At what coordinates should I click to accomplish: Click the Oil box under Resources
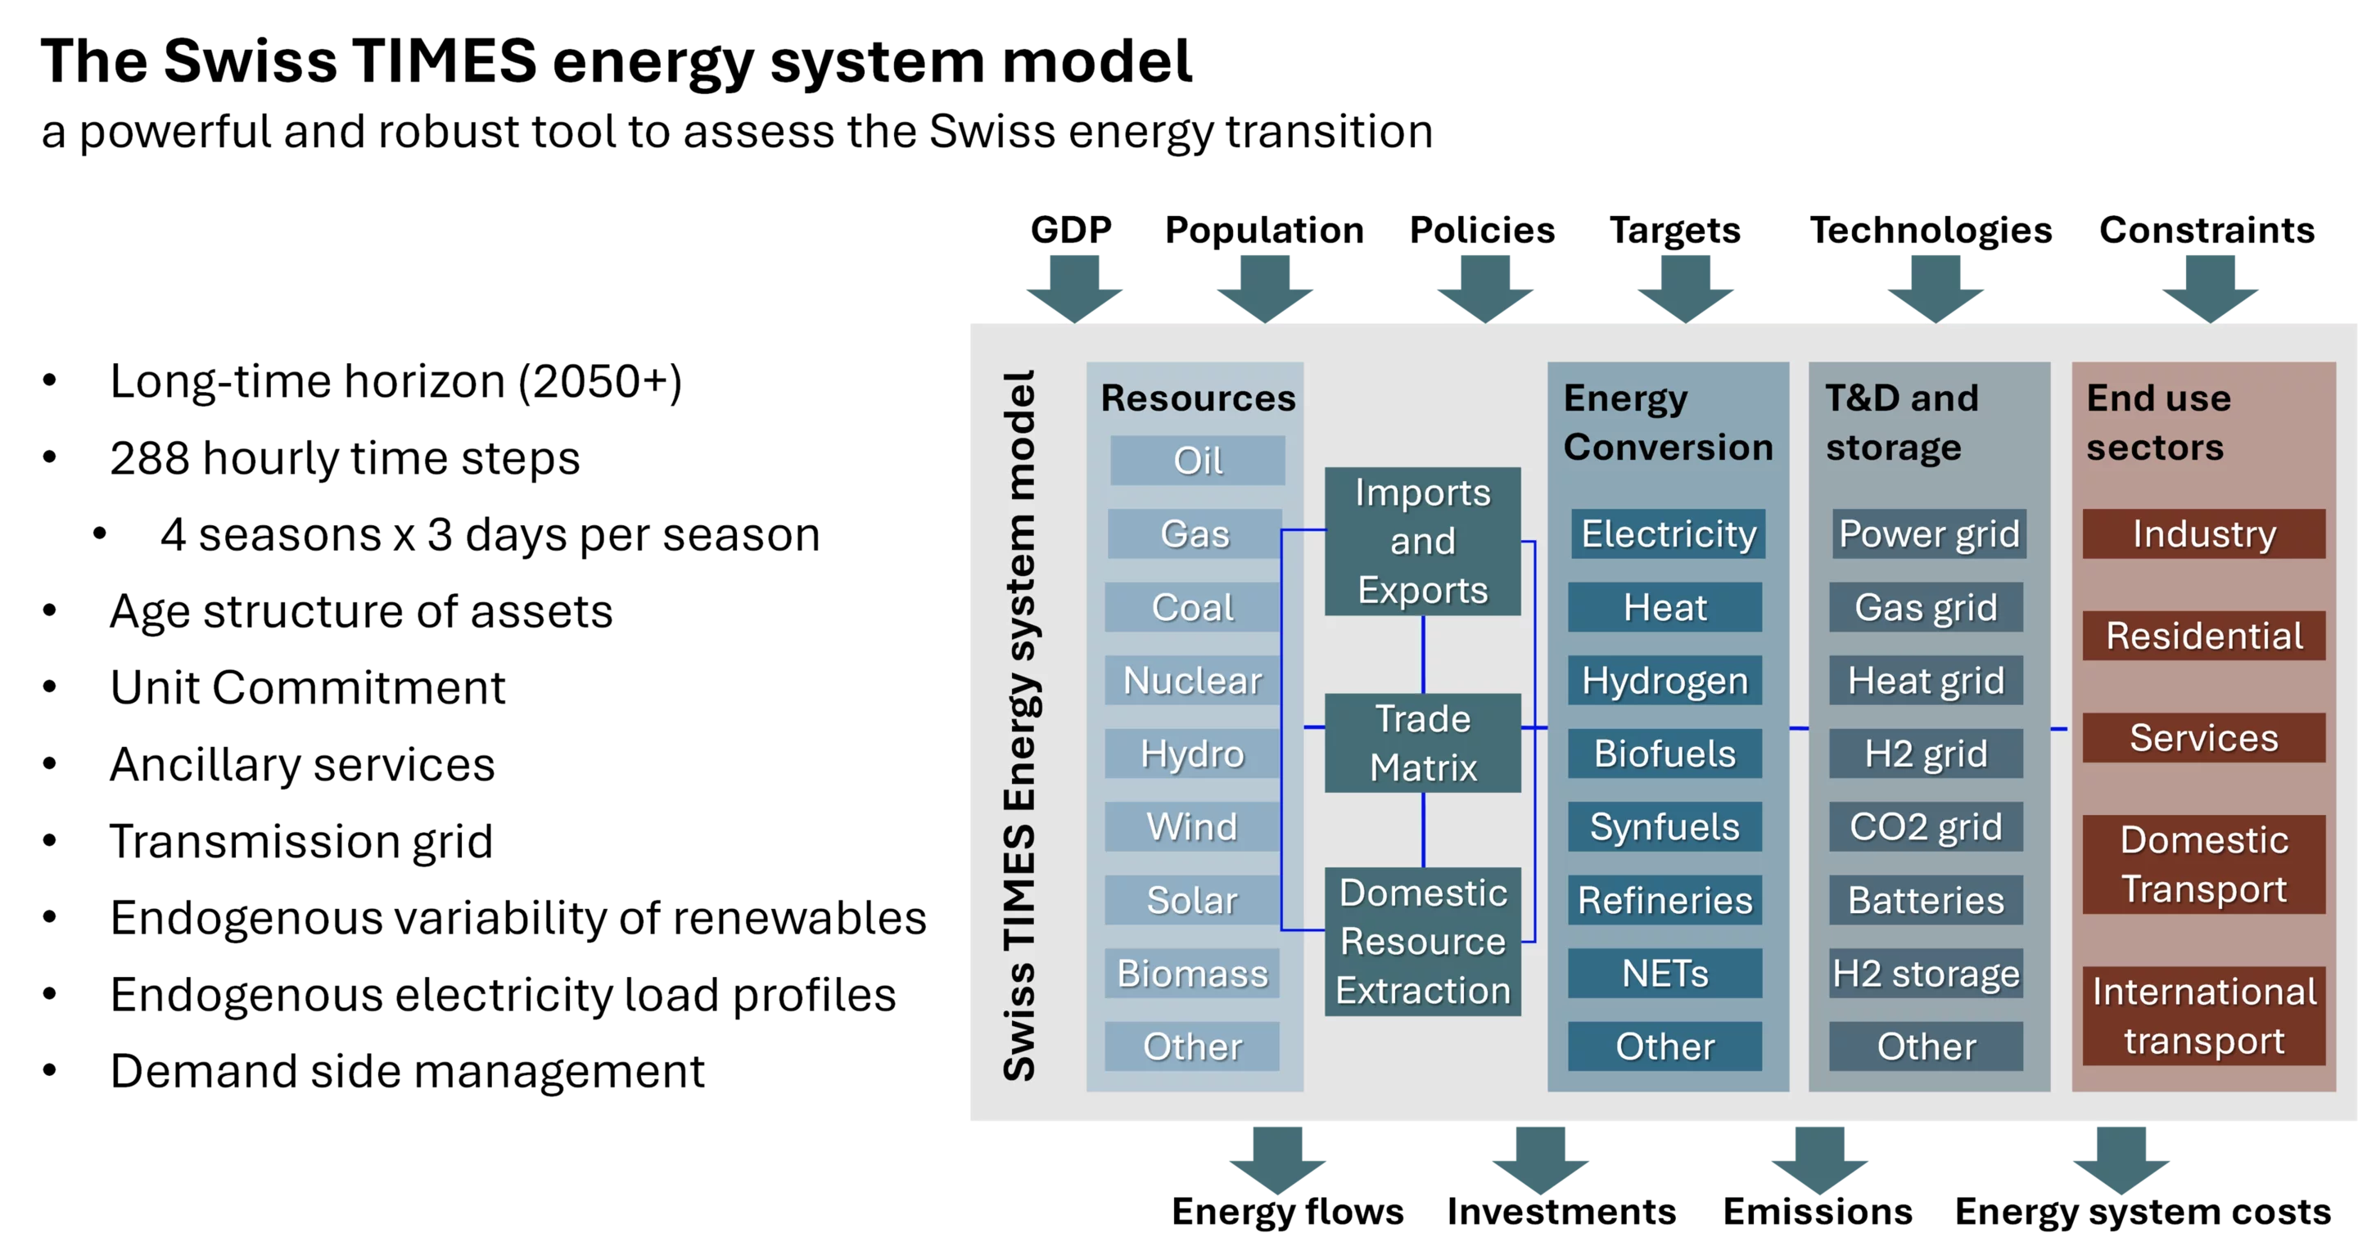1197,461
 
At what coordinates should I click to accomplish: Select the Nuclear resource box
1192,680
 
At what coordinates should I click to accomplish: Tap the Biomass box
1192,973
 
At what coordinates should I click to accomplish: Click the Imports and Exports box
1422,541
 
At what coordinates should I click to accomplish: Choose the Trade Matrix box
1422,742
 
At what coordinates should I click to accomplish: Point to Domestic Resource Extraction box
1422,941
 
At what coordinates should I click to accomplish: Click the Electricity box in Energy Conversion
1668,533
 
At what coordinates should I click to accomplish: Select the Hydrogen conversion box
1665,680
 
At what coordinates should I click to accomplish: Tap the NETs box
1665,973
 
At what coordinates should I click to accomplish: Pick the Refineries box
1665,899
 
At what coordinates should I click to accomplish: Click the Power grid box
1929,533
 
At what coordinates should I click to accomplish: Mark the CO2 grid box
1926,826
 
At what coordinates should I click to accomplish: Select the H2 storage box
1926,973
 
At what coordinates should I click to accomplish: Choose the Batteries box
1926,899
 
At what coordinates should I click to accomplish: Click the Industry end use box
2203,533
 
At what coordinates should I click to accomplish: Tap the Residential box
2203,635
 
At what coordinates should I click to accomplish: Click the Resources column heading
1197,398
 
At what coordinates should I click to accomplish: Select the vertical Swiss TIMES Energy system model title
1019,725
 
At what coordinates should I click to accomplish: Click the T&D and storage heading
1901,422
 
